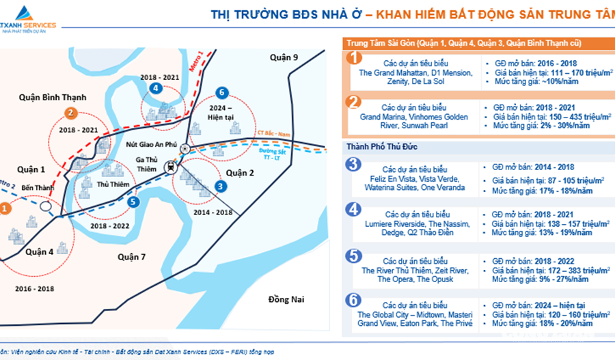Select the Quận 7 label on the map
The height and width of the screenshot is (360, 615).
point(132,256)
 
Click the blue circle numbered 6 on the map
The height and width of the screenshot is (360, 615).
point(220,92)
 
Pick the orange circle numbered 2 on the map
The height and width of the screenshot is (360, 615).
point(70,113)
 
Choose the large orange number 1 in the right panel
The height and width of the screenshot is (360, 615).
point(354,57)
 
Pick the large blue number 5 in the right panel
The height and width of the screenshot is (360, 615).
point(354,256)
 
